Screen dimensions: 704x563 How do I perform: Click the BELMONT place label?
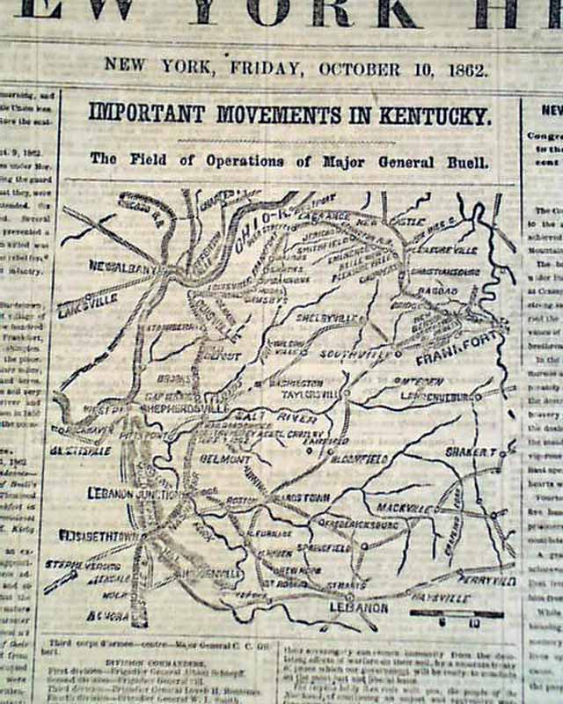(x=227, y=458)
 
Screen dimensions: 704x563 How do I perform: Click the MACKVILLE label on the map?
(x=406, y=508)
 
